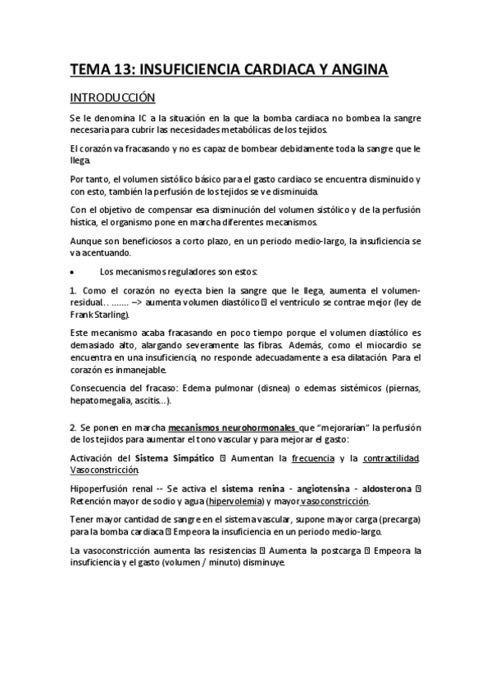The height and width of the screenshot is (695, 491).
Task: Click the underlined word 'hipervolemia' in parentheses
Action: point(235,501)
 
